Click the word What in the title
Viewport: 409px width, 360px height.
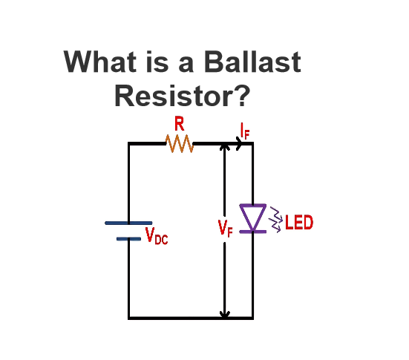[x=100, y=62]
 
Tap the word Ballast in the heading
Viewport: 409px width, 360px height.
[x=252, y=62]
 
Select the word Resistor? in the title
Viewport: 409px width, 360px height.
[x=183, y=96]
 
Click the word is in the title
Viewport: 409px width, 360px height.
[x=157, y=62]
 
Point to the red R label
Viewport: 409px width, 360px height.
[x=180, y=124]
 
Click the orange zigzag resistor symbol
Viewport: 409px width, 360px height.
[x=180, y=143]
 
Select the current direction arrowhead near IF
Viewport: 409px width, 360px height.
[x=239, y=143]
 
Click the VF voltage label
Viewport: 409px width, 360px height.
[x=225, y=229]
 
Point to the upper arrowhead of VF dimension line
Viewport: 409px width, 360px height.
[x=225, y=147]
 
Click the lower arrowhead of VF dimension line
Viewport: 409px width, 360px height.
[x=225, y=314]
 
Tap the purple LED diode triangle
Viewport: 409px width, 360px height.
[x=253, y=217]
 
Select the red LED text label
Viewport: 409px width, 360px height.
[x=299, y=223]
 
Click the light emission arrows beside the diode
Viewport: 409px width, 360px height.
[x=275, y=220]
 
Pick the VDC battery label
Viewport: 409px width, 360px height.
[x=157, y=236]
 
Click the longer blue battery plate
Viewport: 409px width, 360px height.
[x=128, y=223]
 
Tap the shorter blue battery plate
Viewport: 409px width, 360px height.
[x=128, y=239]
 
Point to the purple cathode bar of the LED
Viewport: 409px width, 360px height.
[x=253, y=232]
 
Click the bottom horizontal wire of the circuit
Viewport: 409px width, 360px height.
[x=191, y=318]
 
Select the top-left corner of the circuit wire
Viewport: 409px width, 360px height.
[x=129, y=143]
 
